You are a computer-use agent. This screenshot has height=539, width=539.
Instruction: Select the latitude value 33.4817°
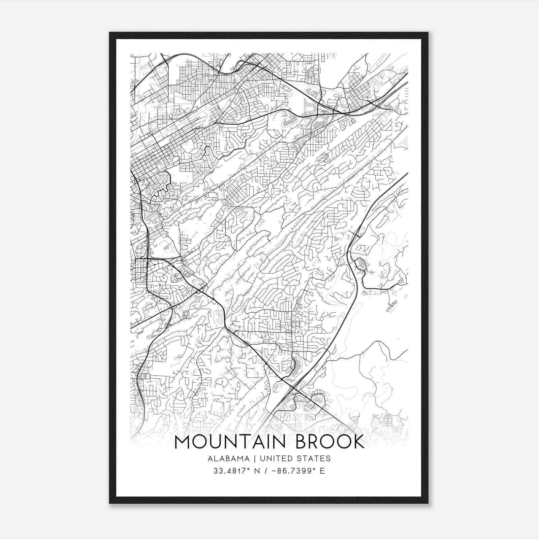click(x=229, y=471)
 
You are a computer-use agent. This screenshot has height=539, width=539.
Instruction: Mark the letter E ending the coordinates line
click(x=322, y=471)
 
